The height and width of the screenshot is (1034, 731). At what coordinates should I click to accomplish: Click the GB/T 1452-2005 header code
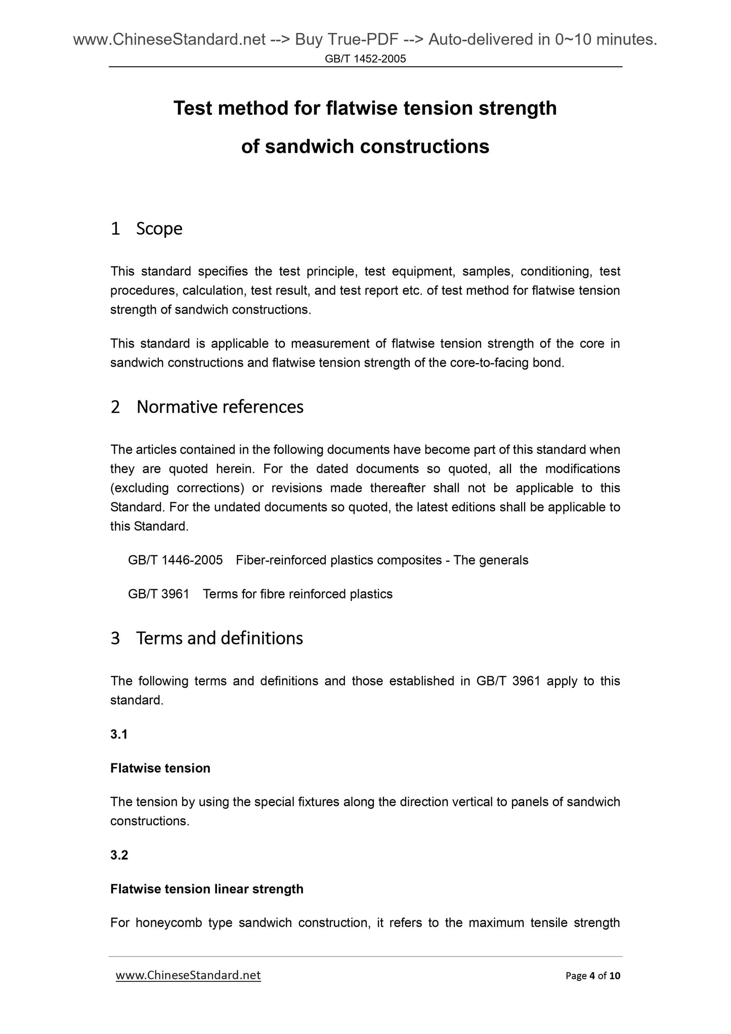[x=365, y=59]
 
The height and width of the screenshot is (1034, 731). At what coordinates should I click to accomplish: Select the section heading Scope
[x=159, y=229]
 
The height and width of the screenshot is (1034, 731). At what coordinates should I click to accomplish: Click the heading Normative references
[x=220, y=407]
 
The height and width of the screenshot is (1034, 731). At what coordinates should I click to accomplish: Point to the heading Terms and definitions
[x=219, y=638]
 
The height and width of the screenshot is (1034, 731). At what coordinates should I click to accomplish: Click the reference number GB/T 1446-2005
[x=175, y=560]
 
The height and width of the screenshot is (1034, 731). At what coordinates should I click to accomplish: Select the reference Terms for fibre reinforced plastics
[x=297, y=594]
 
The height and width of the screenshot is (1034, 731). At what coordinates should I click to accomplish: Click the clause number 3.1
[x=119, y=734]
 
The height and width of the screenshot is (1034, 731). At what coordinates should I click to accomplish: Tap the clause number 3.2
[x=119, y=855]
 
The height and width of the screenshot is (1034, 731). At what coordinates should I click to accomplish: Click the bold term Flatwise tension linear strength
[x=206, y=889]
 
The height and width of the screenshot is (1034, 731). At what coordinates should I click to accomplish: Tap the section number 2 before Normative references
[x=115, y=407]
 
